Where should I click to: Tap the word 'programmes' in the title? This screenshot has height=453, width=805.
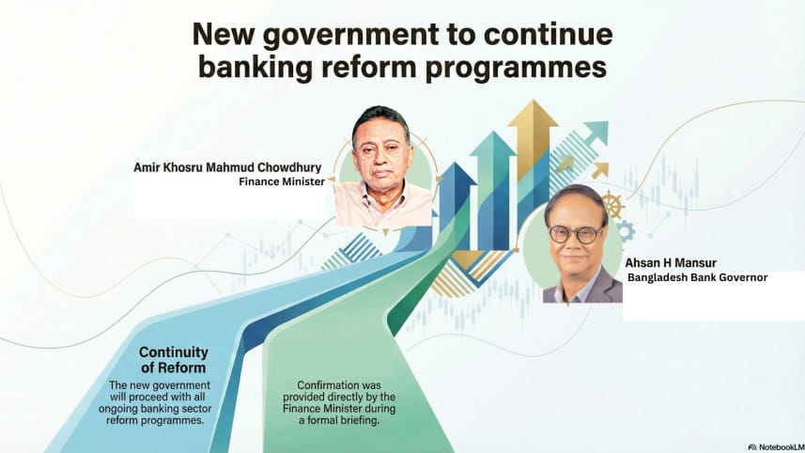[x=521, y=68]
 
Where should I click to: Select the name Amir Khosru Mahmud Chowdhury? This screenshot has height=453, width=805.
[x=228, y=168]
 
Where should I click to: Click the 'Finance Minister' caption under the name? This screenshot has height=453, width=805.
[x=281, y=183]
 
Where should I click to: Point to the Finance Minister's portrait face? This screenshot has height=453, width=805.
[x=380, y=150]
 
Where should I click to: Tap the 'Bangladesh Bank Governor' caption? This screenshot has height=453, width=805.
[x=698, y=278]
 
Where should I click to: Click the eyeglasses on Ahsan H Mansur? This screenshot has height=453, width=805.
[x=578, y=232]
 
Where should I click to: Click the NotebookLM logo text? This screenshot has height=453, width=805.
[x=777, y=446]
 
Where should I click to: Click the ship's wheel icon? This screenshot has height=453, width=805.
[x=611, y=205]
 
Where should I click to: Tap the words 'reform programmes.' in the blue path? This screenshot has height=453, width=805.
[x=156, y=421]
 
